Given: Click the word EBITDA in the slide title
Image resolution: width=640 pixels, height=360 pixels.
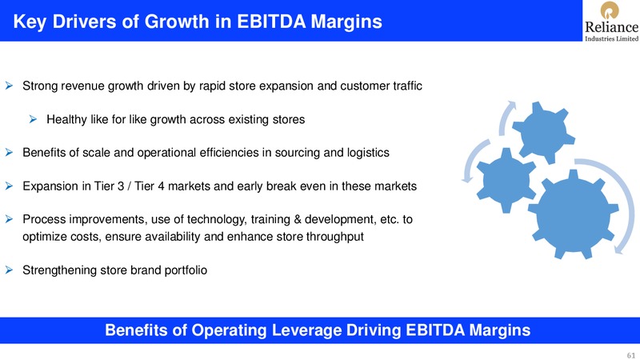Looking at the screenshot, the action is tap(271, 22).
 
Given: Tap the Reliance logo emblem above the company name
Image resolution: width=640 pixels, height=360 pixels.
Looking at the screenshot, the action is tap(610, 10).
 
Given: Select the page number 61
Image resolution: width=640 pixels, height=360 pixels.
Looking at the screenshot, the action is tap(631, 355).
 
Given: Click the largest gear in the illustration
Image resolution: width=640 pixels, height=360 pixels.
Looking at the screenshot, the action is tap(574, 214).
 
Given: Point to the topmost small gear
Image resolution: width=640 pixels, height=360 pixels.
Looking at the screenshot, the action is tap(543, 132).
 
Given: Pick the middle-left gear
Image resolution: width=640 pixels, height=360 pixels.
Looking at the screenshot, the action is tap(506, 180).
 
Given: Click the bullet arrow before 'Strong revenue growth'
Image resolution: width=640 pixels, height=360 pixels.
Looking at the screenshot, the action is tap(9, 86).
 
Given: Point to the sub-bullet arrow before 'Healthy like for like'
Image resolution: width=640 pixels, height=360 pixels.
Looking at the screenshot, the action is tap(33, 119).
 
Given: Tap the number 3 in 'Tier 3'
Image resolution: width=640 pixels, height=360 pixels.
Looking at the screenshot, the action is tap(121, 186).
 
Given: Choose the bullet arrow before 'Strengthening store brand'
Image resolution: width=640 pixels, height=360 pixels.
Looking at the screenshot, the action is tap(9, 270).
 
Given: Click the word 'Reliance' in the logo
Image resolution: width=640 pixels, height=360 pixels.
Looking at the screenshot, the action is tap(611, 27).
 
